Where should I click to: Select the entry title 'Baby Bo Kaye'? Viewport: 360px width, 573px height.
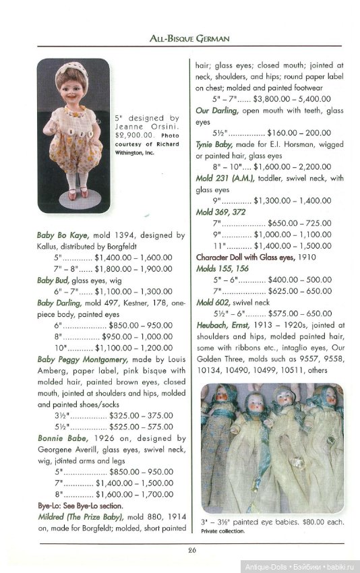click(65, 235)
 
